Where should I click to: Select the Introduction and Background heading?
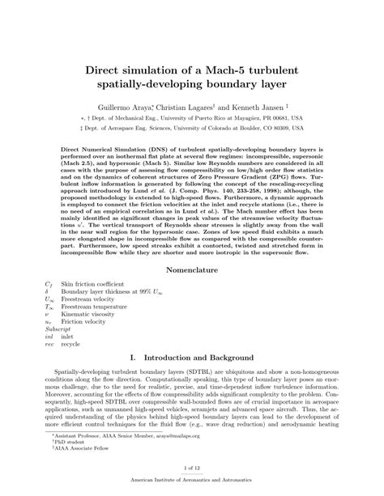203,357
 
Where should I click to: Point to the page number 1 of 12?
192,467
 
